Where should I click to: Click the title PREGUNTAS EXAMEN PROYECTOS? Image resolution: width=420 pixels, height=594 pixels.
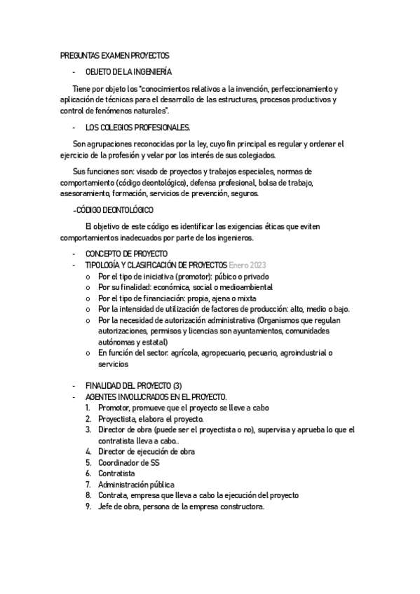point(115,55)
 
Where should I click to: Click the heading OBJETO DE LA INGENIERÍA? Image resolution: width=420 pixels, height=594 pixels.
point(128,72)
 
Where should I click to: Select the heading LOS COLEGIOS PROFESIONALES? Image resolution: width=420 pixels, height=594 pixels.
point(137,127)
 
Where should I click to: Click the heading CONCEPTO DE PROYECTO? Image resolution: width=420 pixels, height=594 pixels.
point(127,253)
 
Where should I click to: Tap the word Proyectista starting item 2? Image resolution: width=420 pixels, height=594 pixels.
point(118,419)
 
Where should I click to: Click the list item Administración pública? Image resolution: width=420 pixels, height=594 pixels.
point(136,484)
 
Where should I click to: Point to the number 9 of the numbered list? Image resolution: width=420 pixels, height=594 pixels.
point(88,506)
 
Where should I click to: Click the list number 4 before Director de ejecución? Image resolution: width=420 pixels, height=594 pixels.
point(88,452)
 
